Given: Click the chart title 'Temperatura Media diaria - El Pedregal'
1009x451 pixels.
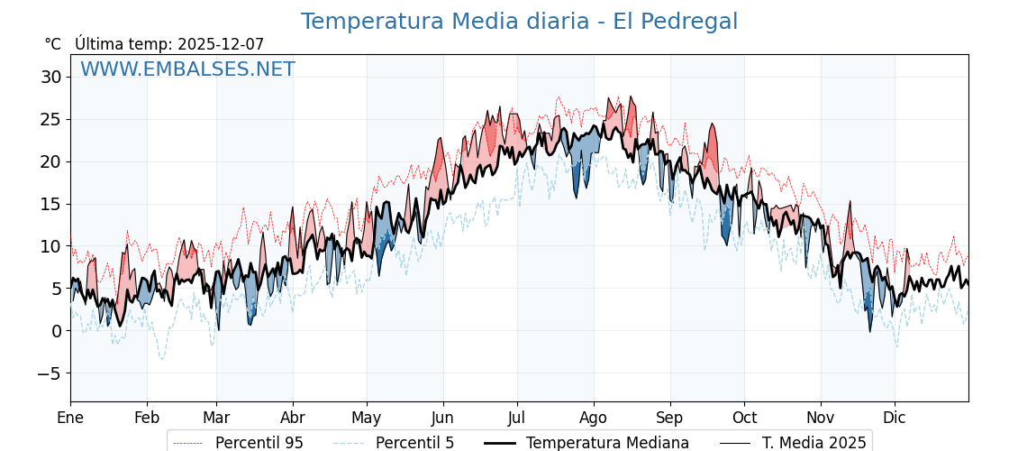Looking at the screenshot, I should (519, 22).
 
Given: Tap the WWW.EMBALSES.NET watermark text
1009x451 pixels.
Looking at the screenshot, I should (187, 69).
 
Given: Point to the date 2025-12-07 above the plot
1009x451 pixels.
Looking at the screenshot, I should (221, 44).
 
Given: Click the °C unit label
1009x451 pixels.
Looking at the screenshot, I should (53, 44).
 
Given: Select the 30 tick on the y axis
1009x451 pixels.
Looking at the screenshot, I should (50, 78).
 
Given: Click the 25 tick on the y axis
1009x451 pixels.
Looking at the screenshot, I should (50, 120).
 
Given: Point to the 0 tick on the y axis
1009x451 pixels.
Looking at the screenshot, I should (56, 331).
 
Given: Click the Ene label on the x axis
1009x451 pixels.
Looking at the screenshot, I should (70, 418).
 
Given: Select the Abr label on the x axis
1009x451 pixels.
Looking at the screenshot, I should (293, 418).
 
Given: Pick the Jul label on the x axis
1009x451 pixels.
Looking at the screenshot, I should (517, 418).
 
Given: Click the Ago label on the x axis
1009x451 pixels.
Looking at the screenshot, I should (594, 418).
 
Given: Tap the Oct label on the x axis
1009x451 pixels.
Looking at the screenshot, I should (744, 418).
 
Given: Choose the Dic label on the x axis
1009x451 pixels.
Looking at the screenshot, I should (895, 418).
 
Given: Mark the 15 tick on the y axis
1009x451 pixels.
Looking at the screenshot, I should (50, 204).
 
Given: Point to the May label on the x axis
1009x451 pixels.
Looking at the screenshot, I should (367, 418).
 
